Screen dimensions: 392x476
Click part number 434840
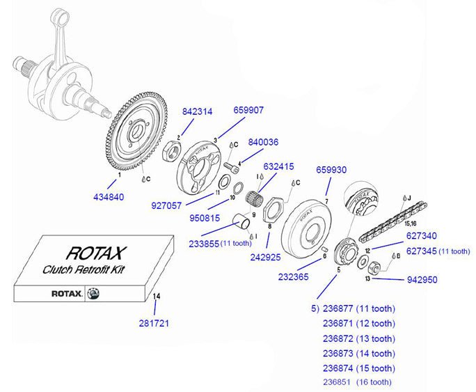tap(109, 197)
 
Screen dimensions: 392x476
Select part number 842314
tap(198, 111)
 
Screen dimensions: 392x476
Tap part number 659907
tap(248, 110)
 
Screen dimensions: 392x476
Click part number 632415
tap(278, 167)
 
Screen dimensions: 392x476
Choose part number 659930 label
tap(331, 170)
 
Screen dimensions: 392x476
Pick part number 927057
tap(167, 205)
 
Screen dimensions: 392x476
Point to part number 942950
tap(422, 281)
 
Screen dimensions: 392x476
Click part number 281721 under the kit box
tap(154, 323)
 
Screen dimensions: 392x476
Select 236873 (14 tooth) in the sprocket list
tap(358, 353)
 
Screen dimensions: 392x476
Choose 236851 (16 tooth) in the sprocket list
tap(357, 382)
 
